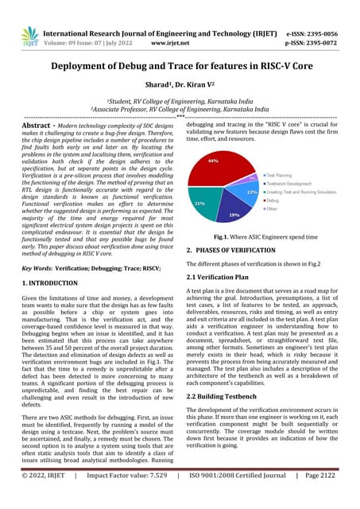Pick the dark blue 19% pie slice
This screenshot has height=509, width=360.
point(234,212)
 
